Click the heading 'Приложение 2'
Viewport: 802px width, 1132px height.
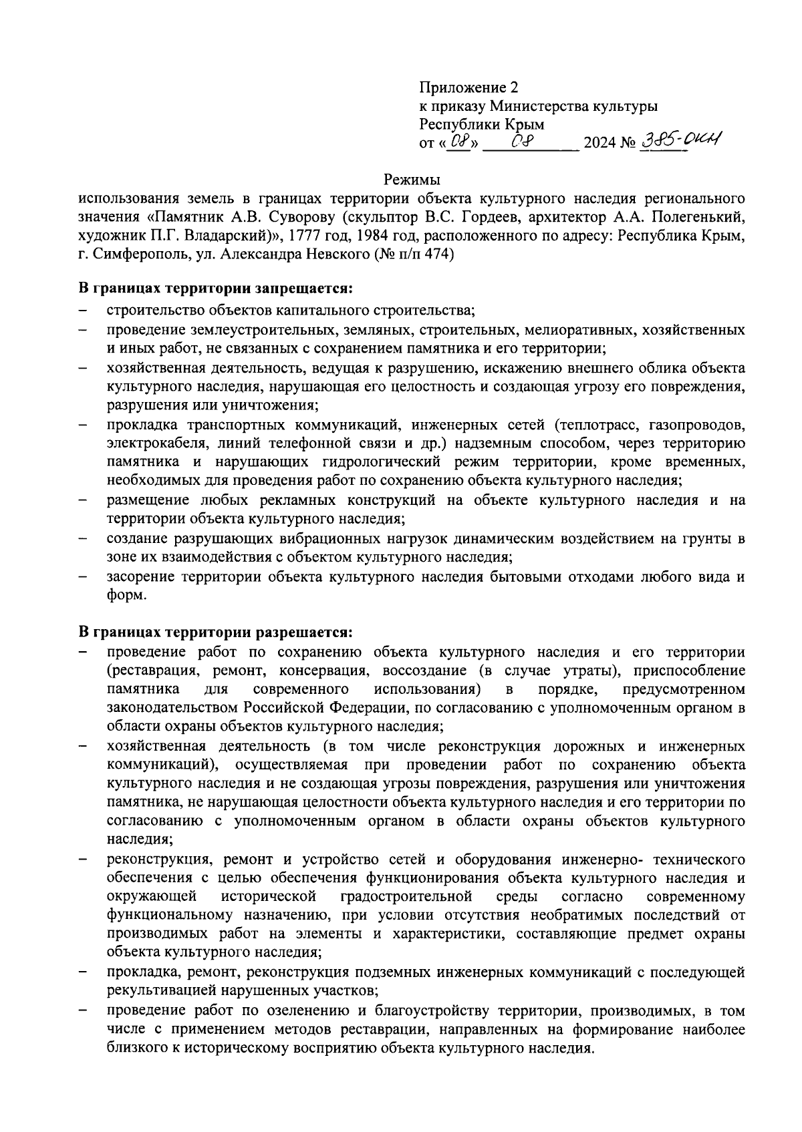469,87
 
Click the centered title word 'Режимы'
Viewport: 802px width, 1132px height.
412,180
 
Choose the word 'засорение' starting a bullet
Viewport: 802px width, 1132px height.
136,576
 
